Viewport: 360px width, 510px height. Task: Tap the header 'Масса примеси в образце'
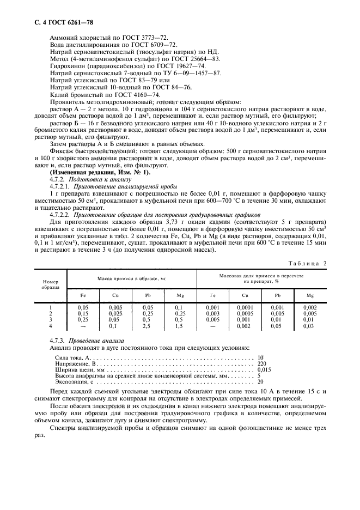[131, 278]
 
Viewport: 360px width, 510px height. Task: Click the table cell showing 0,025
[115, 314]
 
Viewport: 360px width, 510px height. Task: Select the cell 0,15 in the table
[83, 314]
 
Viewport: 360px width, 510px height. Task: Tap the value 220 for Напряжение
[262, 362]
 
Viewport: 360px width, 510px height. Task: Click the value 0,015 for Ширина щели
[265, 369]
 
